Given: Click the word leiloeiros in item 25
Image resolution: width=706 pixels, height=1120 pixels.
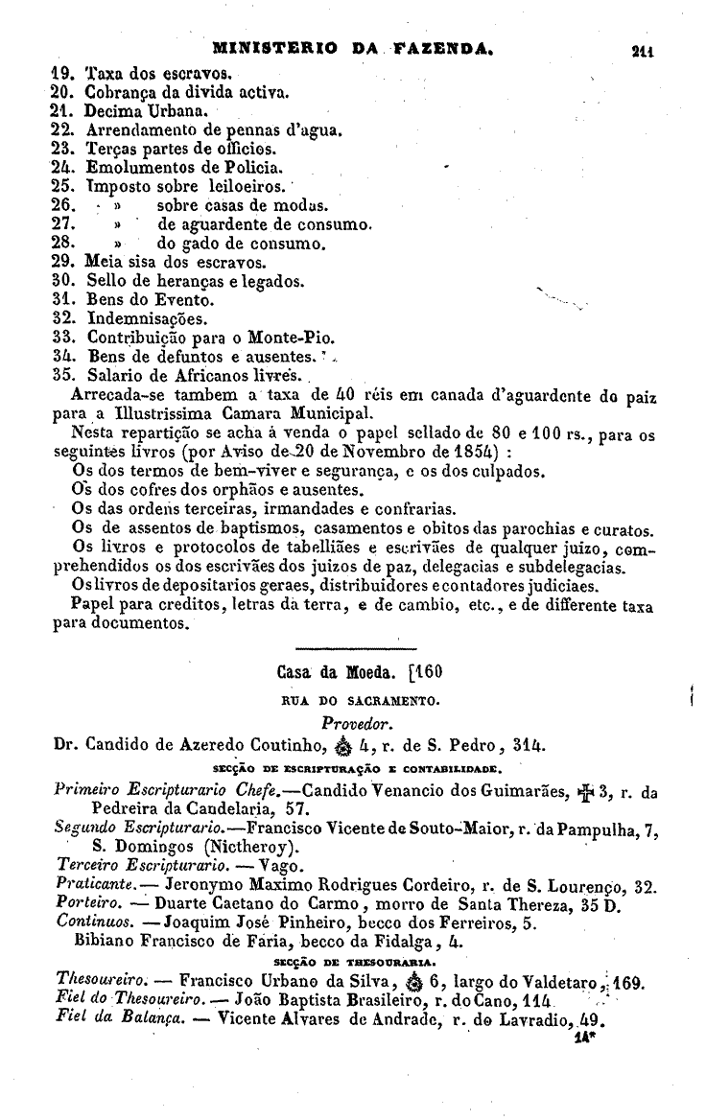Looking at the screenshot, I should click(245, 185).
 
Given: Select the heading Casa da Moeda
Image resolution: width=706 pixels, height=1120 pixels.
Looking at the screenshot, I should click(330, 670).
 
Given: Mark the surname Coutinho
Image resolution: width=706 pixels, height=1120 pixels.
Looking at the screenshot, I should click(277, 745).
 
